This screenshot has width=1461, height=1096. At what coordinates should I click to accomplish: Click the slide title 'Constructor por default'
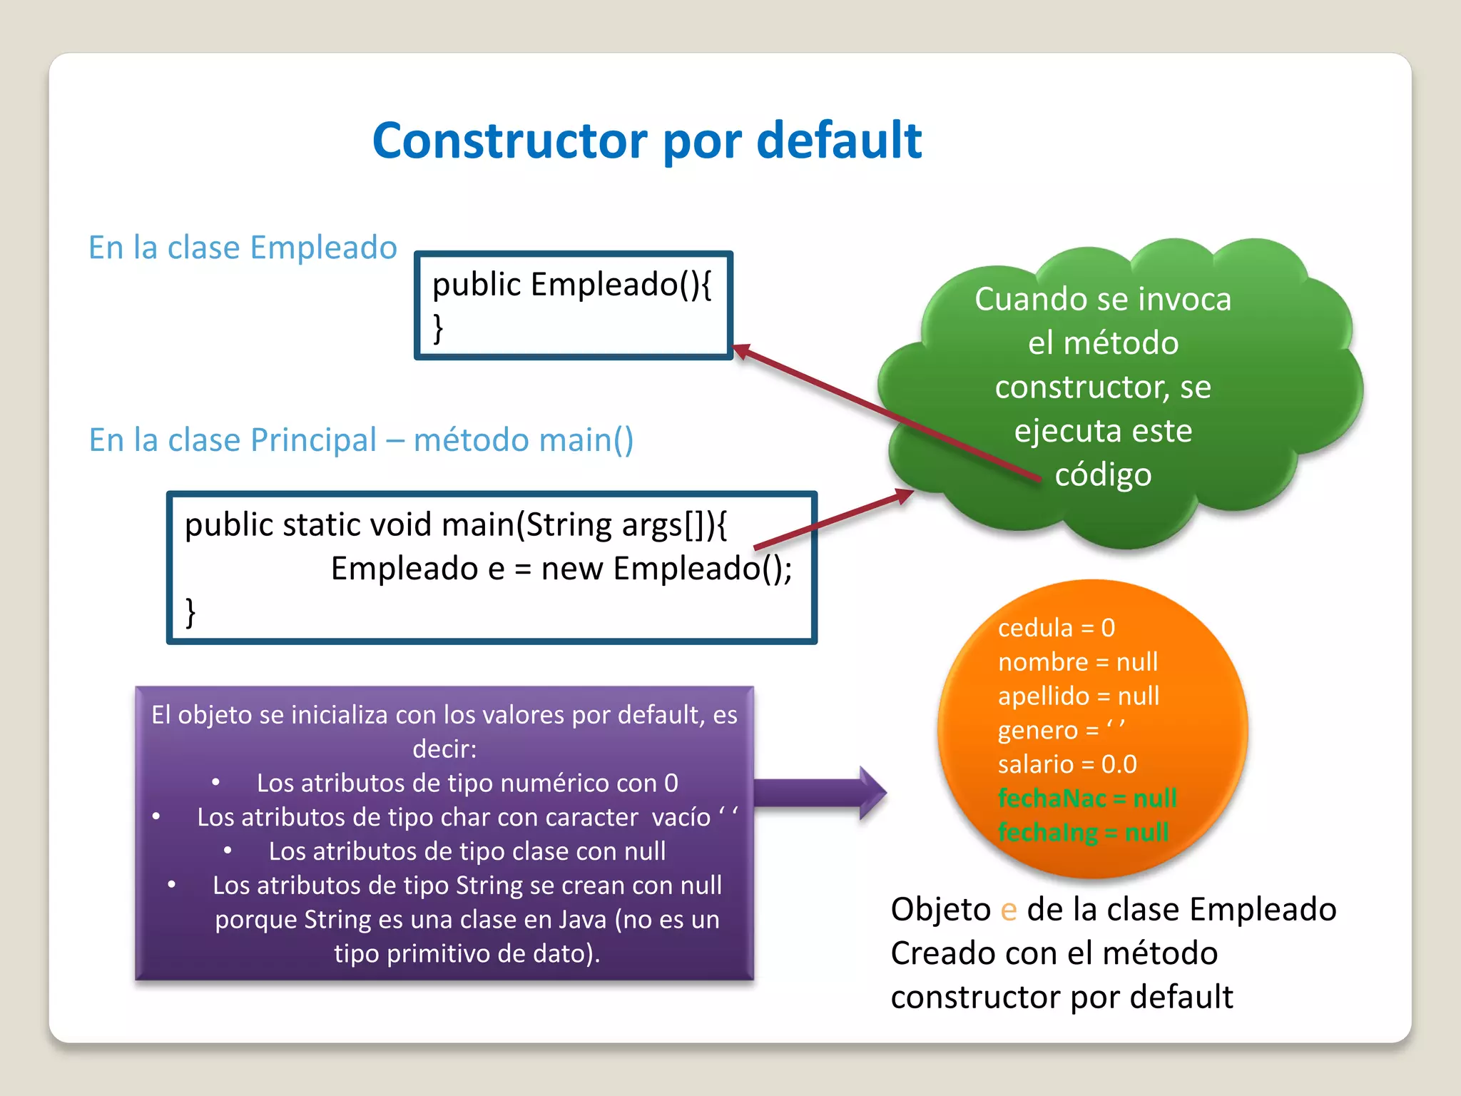pyautogui.click(x=647, y=141)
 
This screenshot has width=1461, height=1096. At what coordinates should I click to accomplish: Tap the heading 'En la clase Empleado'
pyautogui.click(x=243, y=248)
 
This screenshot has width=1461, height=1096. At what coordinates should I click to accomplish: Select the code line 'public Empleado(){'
pyautogui.click(x=571, y=285)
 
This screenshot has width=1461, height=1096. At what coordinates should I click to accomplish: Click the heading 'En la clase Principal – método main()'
pyautogui.click(x=361, y=440)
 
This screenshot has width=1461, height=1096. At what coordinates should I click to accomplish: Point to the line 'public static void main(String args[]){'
pyautogui.click(x=456, y=525)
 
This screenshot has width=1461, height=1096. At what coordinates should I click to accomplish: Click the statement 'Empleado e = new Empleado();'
pyautogui.click(x=561, y=569)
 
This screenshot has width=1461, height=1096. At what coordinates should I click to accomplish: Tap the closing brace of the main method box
pyautogui.click(x=190, y=612)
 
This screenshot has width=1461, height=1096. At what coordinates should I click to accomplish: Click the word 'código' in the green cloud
pyautogui.click(x=1103, y=475)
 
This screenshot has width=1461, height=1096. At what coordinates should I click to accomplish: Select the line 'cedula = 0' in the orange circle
pyautogui.click(x=1056, y=628)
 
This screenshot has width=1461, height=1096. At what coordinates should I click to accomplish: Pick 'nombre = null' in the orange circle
pyautogui.click(x=1077, y=662)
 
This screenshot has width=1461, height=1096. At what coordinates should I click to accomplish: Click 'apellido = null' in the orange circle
pyautogui.click(x=1078, y=696)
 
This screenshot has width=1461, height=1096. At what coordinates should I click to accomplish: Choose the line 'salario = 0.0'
pyautogui.click(x=1067, y=764)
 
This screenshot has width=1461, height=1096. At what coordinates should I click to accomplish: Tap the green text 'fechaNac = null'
pyautogui.click(x=1087, y=798)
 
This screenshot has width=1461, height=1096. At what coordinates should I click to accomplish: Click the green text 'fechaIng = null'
pyautogui.click(x=1083, y=832)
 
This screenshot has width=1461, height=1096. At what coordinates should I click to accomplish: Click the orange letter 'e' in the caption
pyautogui.click(x=1008, y=910)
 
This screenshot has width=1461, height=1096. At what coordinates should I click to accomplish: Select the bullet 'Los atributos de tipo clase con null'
pyautogui.click(x=467, y=851)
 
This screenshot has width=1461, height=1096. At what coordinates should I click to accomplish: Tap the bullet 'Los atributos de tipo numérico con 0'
pyautogui.click(x=467, y=783)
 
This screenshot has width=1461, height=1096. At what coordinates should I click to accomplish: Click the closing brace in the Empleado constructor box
pyautogui.click(x=438, y=329)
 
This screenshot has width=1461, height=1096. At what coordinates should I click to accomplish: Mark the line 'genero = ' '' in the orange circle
pyautogui.click(x=1061, y=730)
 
